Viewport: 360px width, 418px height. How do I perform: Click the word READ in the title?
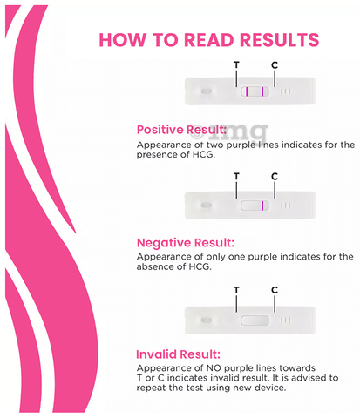click(x=209, y=40)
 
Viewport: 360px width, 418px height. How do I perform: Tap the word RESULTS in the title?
click(x=280, y=40)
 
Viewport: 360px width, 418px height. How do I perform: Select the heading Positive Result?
click(x=181, y=130)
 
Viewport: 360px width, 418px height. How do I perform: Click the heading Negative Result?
click(x=186, y=243)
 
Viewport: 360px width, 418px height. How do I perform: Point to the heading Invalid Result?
click(x=178, y=354)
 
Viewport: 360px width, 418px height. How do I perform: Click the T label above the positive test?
click(x=236, y=64)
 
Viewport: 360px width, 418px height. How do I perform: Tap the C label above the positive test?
click(x=275, y=64)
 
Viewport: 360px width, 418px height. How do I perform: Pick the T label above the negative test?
click(x=236, y=176)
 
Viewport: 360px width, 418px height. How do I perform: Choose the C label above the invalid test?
click(x=275, y=290)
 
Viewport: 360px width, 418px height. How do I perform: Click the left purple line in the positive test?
click(x=247, y=91)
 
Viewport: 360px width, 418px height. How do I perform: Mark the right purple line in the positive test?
click(x=262, y=91)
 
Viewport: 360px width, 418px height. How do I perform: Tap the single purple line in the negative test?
click(x=262, y=206)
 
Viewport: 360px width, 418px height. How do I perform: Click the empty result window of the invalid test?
click(x=255, y=320)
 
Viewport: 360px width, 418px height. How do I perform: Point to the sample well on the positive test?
click(x=207, y=91)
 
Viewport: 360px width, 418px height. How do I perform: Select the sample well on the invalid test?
click(x=207, y=320)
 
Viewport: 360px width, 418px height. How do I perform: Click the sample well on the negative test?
click(x=207, y=206)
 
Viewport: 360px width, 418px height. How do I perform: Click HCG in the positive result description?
click(x=203, y=154)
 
